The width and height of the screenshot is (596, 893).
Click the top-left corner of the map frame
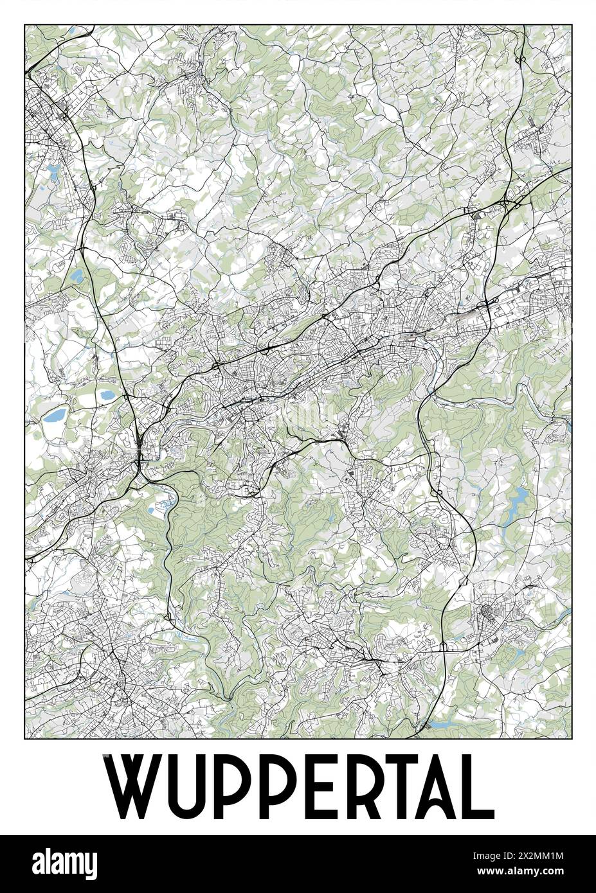pos(24,25)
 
